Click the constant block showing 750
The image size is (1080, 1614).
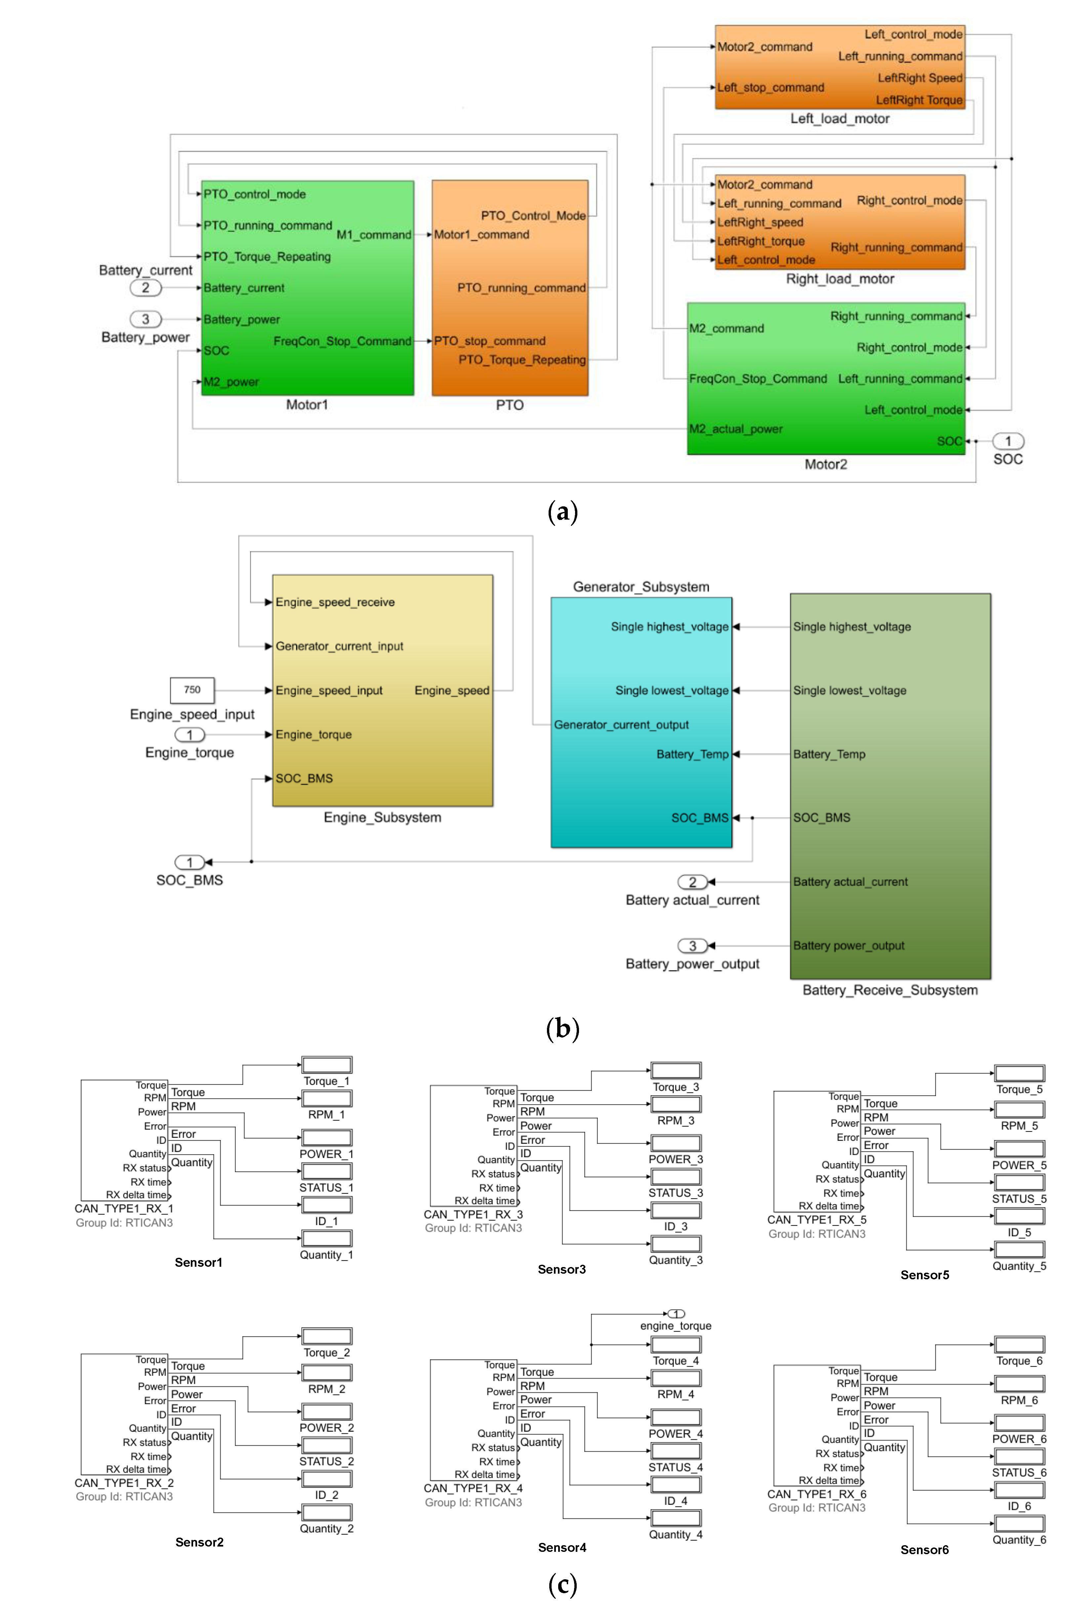click(x=192, y=690)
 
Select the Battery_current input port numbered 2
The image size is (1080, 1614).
click(x=145, y=288)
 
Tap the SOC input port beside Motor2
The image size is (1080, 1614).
click(x=1008, y=441)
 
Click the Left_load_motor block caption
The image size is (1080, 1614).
click(x=840, y=118)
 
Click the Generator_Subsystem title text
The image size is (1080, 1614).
click(x=641, y=587)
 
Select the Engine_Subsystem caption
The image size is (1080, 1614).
click(x=382, y=818)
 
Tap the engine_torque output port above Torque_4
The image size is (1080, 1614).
click(x=676, y=1314)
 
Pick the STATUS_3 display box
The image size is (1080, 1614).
click(x=676, y=1176)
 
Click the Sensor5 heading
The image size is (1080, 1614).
click(x=924, y=1275)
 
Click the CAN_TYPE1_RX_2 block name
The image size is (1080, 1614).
click(x=124, y=1483)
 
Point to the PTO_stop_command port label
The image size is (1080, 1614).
click(x=490, y=341)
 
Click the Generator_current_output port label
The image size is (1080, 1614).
click(x=621, y=725)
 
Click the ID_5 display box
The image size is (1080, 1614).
click(x=1019, y=1216)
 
